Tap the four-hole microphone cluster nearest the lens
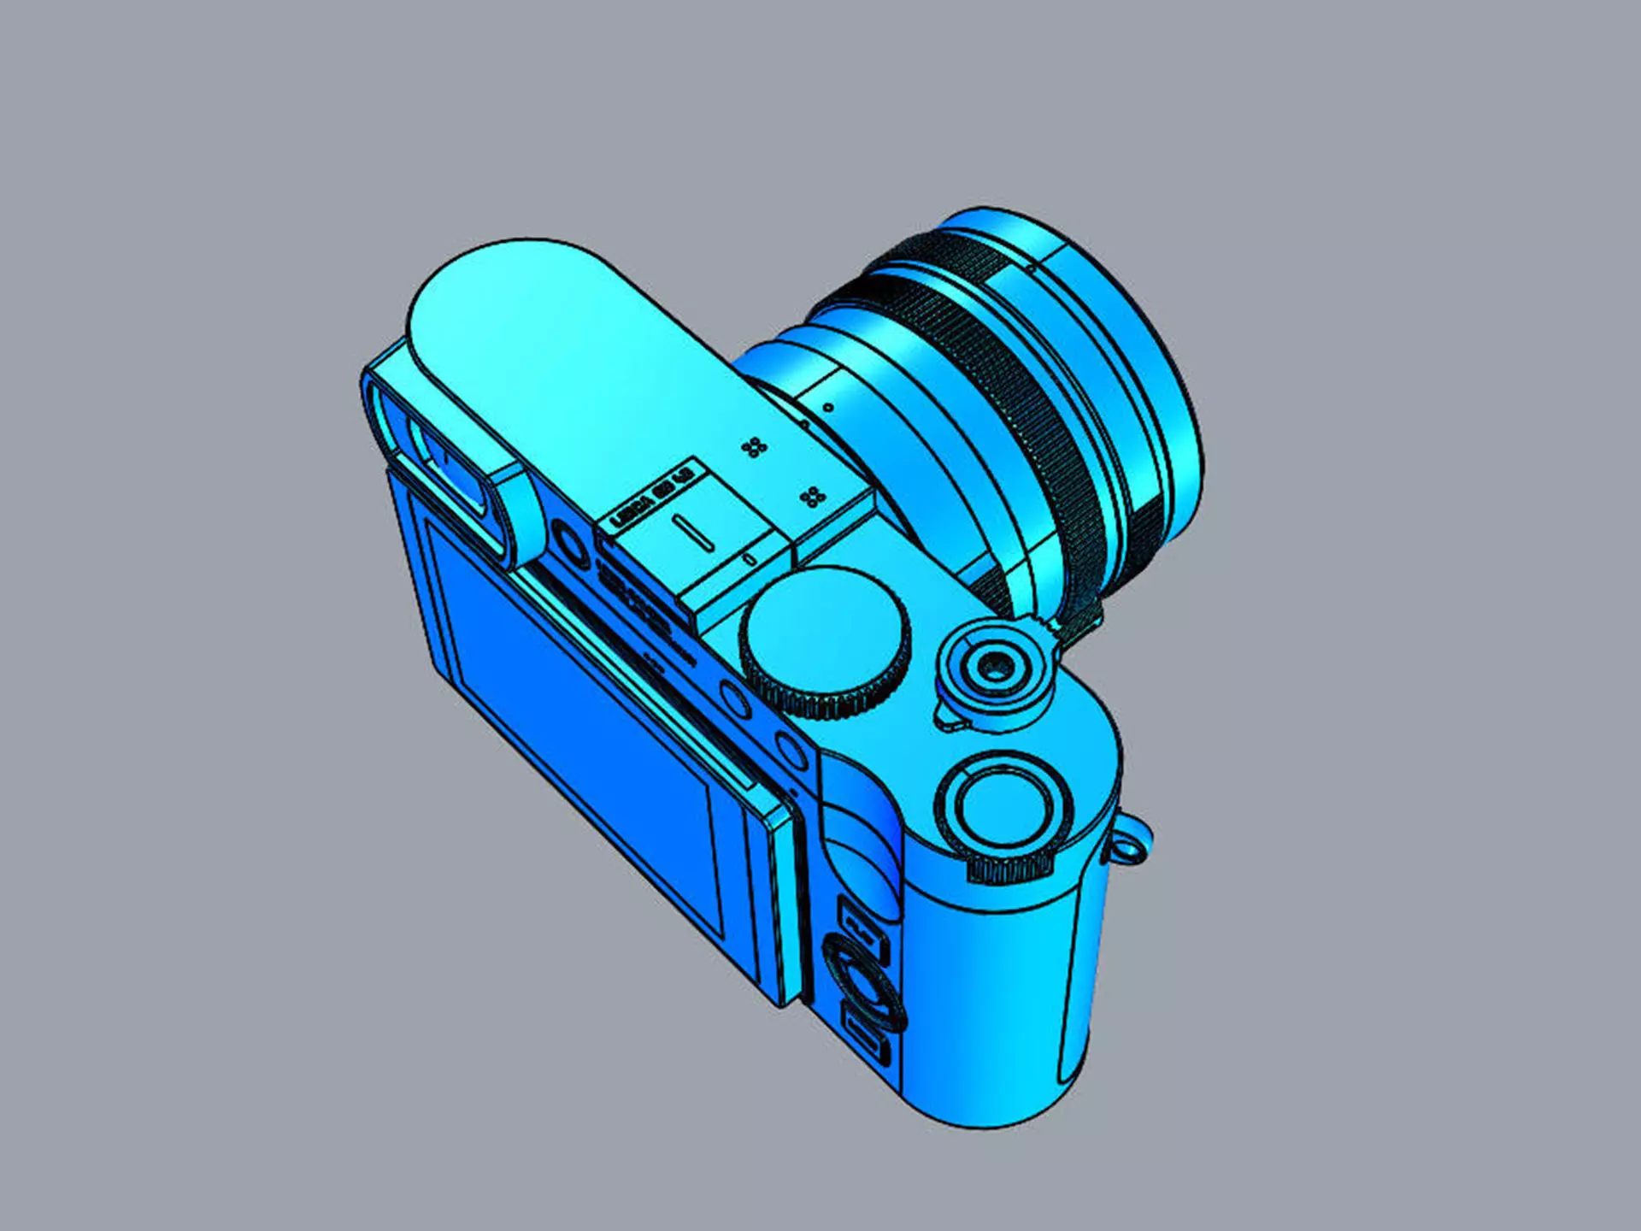(753, 447)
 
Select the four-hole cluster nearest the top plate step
(812, 497)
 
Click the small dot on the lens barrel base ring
(827, 408)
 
